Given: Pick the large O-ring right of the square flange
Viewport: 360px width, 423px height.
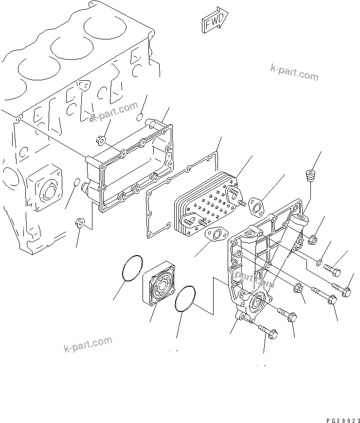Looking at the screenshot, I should tap(186, 298).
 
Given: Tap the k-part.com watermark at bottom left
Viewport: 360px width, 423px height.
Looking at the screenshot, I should tap(88, 344).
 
